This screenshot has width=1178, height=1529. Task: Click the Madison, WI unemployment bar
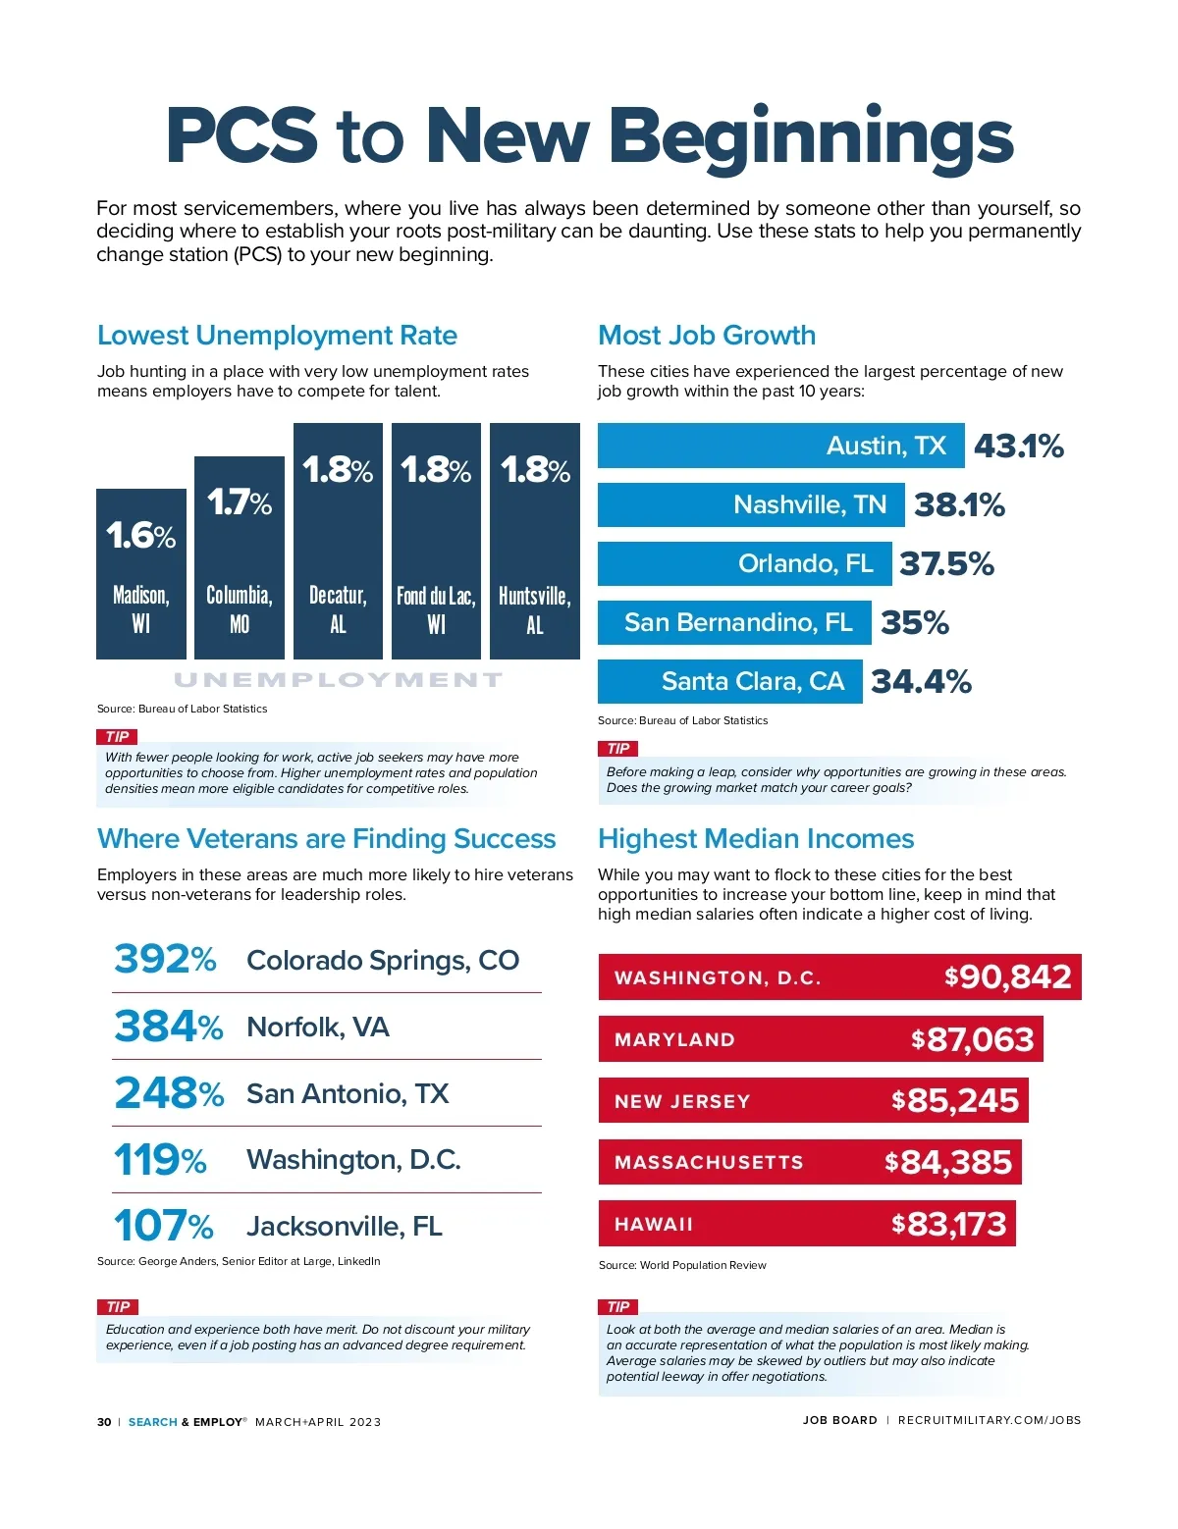[x=141, y=573]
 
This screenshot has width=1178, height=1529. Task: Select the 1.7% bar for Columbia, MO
[x=240, y=557]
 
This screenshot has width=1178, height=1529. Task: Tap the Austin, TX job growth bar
[x=780, y=446]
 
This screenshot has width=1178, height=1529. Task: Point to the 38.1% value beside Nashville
[x=959, y=505]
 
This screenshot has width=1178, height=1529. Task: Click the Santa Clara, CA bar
[x=729, y=681]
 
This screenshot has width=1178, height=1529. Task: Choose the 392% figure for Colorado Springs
[x=165, y=959]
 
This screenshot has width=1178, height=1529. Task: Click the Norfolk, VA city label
[x=318, y=1027]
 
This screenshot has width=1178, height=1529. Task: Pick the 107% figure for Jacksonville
[x=163, y=1226]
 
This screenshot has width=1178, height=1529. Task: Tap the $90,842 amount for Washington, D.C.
[x=1008, y=976]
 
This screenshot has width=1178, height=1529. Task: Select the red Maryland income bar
[x=820, y=1039]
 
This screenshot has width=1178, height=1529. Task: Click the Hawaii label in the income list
[x=654, y=1224]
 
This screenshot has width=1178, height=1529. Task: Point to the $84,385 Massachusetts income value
[x=948, y=1162]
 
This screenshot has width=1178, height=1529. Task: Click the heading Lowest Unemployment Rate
[x=277, y=336]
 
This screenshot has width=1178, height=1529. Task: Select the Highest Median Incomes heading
[x=756, y=839]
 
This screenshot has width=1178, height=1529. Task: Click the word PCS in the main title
[x=241, y=135]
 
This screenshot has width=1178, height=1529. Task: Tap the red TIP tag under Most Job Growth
[x=618, y=748]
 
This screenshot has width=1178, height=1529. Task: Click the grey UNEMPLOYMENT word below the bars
[x=338, y=679]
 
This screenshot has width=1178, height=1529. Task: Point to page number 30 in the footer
[x=104, y=1422]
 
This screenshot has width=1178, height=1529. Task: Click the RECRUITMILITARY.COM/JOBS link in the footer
[x=989, y=1420]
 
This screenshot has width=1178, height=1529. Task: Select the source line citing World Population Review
[x=682, y=1265]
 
